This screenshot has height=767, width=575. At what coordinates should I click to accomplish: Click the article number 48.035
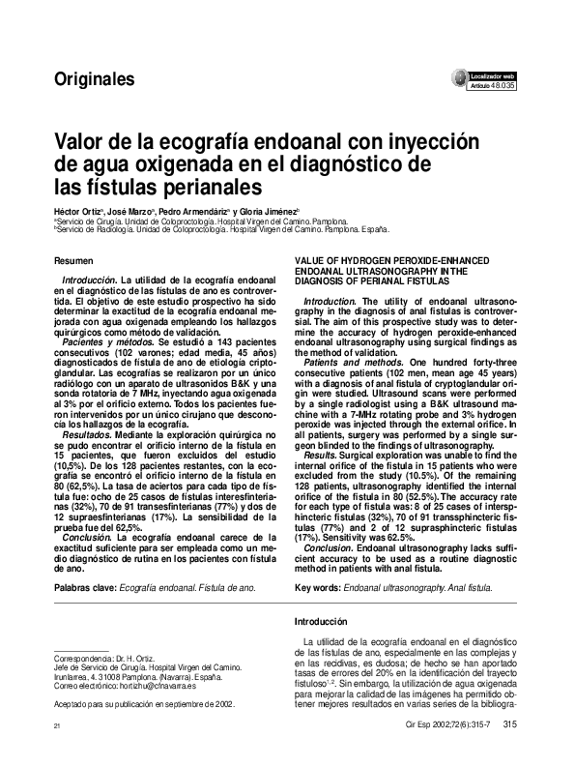tap(503, 86)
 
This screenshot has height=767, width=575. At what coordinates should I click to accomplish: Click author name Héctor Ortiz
tap(76, 209)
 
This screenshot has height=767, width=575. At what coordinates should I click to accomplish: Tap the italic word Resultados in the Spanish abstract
tap(86, 437)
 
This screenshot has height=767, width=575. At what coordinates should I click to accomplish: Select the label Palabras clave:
tap(85, 587)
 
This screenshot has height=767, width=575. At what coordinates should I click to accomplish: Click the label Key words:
tap(317, 587)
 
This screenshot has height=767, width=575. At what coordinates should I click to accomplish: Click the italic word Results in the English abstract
tap(319, 454)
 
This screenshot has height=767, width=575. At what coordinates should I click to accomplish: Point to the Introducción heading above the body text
tap(320, 622)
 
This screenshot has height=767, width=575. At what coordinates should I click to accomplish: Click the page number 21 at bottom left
tap(57, 724)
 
